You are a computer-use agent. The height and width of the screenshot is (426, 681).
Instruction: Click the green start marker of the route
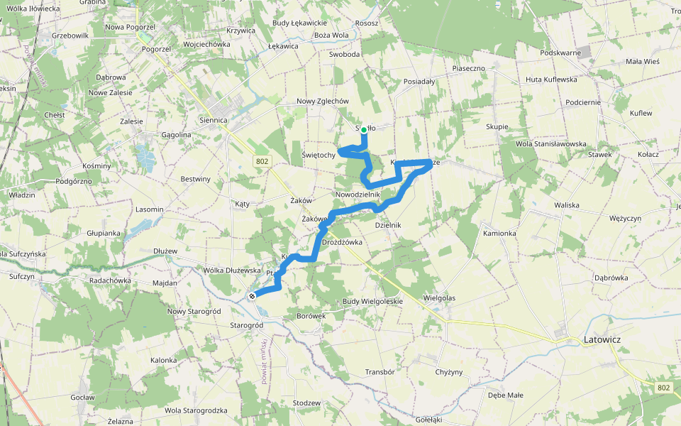click(x=364, y=130)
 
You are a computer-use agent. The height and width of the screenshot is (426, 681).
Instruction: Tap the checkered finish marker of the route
click(x=252, y=295)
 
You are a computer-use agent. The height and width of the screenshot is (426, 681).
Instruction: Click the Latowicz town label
click(x=601, y=340)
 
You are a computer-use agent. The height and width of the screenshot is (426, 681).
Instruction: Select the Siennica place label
click(x=214, y=120)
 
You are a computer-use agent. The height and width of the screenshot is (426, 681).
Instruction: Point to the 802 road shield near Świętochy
click(x=262, y=162)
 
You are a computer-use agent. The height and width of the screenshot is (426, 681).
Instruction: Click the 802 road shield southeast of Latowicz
click(x=663, y=387)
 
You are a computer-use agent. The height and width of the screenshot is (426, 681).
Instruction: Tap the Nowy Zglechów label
click(x=323, y=101)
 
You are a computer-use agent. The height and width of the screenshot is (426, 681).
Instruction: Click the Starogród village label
click(x=247, y=325)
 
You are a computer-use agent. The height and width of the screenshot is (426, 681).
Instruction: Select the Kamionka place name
click(x=500, y=233)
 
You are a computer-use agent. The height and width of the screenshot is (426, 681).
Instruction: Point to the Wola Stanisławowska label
click(x=550, y=144)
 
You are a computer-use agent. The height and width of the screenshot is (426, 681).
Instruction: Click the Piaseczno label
click(x=468, y=68)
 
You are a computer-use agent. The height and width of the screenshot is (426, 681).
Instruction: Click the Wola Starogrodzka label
click(x=196, y=410)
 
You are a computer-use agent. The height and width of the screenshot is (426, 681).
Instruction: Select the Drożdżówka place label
click(x=342, y=242)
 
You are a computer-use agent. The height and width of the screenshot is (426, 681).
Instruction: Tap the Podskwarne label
click(x=560, y=53)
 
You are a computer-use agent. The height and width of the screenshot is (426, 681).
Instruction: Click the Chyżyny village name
click(x=449, y=372)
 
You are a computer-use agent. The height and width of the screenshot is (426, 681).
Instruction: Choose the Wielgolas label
click(x=439, y=297)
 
